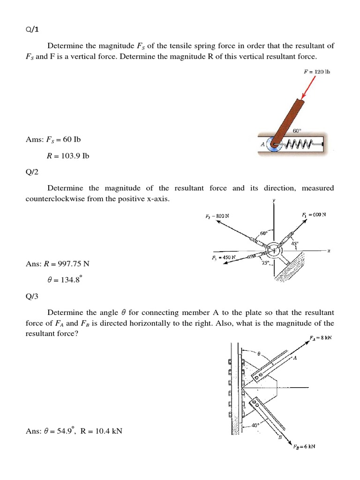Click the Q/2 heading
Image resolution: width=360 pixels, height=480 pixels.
pos(32,172)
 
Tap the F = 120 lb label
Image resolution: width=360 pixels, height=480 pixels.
pos(317,72)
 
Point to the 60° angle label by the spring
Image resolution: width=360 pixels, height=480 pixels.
pos(297,131)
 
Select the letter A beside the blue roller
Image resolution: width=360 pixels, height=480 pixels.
pos(263,144)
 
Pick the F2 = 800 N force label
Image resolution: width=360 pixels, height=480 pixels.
pos(217,216)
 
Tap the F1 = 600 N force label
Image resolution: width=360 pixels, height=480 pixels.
pos(314,215)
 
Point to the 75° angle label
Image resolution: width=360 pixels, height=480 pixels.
pos(265,263)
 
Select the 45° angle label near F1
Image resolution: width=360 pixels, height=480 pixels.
pos(294,243)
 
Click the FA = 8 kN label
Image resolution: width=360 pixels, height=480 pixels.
pos(321,337)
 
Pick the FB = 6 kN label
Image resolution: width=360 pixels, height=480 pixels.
pos(305,446)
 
